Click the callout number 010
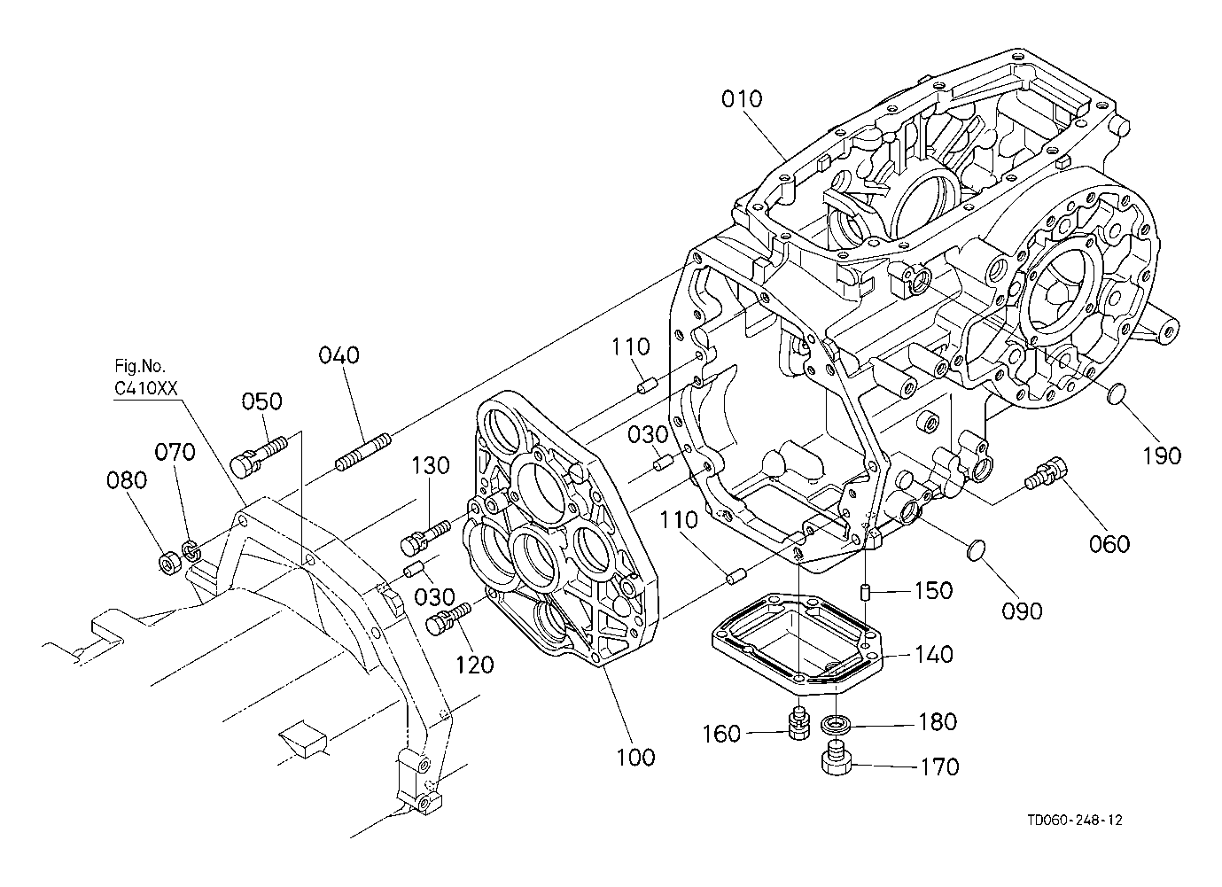[742, 99]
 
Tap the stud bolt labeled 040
[362, 452]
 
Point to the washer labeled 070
[191, 550]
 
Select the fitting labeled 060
[1046, 472]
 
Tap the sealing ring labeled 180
[836, 725]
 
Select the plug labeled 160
[799, 723]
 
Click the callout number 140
[933, 654]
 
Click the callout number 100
[635, 757]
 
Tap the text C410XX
[146, 388]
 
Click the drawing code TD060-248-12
[1075, 821]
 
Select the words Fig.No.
[140, 365]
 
